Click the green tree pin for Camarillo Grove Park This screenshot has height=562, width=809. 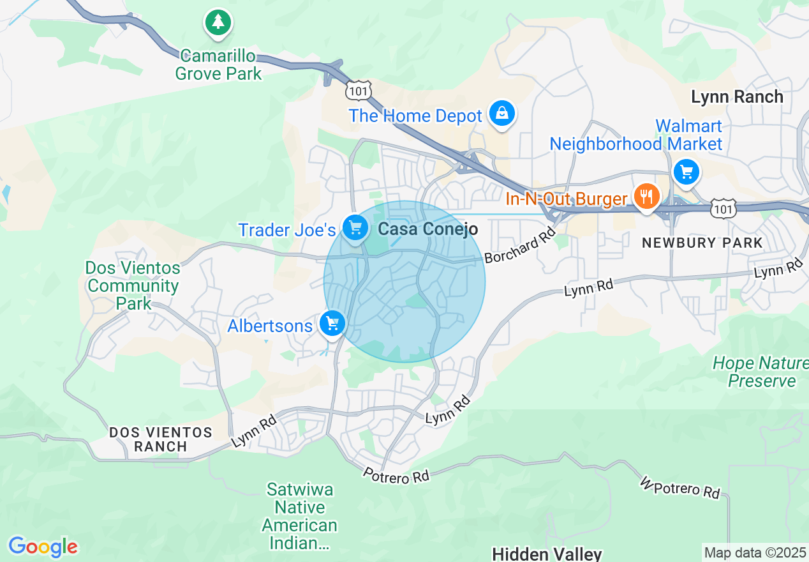pyautogui.click(x=218, y=23)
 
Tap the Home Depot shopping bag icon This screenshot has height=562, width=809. pyautogui.click(x=502, y=114)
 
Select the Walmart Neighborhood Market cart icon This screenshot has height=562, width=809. pyautogui.click(x=687, y=172)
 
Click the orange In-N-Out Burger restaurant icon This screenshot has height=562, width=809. pyautogui.click(x=647, y=197)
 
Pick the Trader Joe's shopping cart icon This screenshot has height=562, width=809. pyautogui.click(x=355, y=227)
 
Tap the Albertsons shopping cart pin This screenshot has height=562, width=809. pyautogui.click(x=332, y=324)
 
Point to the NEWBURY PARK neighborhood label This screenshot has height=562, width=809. pyautogui.click(x=702, y=243)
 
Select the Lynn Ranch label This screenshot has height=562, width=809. pyautogui.click(x=737, y=97)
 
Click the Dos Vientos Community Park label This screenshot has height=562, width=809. pyautogui.click(x=133, y=285)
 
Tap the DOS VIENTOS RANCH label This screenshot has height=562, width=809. pyautogui.click(x=160, y=439)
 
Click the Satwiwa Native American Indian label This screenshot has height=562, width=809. pyautogui.click(x=300, y=516)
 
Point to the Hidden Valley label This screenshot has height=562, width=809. pyautogui.click(x=547, y=553)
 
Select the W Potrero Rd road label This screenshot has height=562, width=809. pyautogui.click(x=680, y=487)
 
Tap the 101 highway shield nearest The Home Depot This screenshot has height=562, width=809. pyautogui.click(x=357, y=91)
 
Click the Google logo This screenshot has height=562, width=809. pyautogui.click(x=43, y=547)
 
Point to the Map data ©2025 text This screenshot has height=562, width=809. pyautogui.click(x=755, y=552)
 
